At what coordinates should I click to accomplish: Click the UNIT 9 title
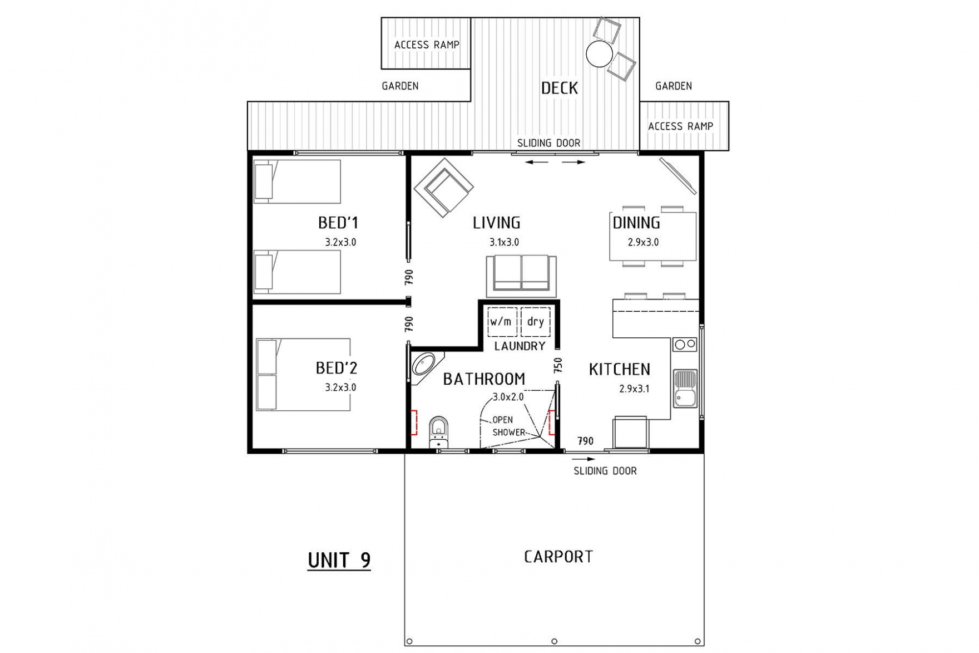pyautogui.click(x=339, y=560)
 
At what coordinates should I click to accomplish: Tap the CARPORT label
pyautogui.click(x=558, y=557)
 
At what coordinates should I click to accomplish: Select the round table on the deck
pyautogui.click(x=599, y=54)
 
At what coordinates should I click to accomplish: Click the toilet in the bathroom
pyautogui.click(x=439, y=431)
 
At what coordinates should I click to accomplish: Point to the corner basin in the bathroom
pyautogui.click(x=424, y=365)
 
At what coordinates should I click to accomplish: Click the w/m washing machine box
pyautogui.click(x=502, y=322)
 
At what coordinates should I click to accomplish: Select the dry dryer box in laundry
pyautogui.click(x=536, y=322)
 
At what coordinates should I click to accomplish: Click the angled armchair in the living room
pyautogui.click(x=444, y=188)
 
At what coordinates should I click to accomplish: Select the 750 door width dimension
pyautogui.click(x=558, y=365)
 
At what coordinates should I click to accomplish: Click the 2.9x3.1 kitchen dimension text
pyautogui.click(x=634, y=389)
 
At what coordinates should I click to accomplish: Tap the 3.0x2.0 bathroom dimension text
pyautogui.click(x=508, y=397)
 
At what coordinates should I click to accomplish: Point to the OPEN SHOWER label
pyautogui.click(x=508, y=426)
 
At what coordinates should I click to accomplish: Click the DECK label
pyautogui.click(x=560, y=88)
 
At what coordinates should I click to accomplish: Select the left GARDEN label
pyautogui.click(x=400, y=86)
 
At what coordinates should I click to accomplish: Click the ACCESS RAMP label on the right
pyautogui.click(x=680, y=126)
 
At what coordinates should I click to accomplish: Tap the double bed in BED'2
pyautogui.click(x=303, y=375)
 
